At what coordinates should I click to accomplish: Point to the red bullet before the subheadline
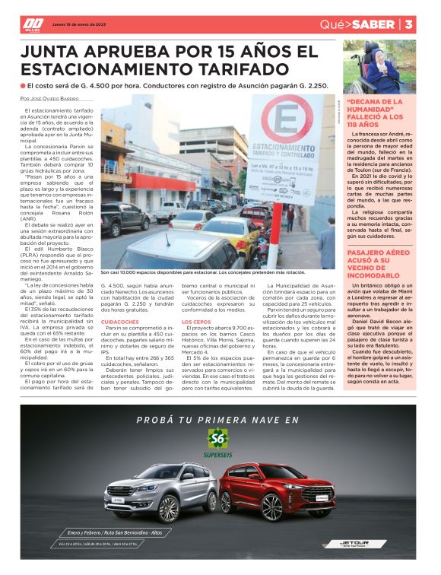(x=24, y=86)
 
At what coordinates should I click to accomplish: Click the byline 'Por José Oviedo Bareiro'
(x=50, y=99)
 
